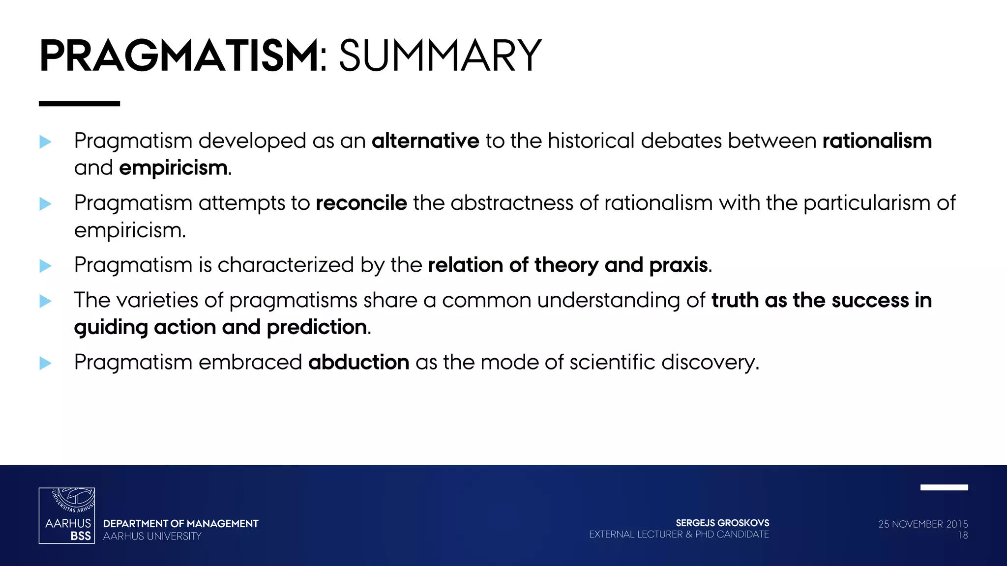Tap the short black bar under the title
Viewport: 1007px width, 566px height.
pyautogui.click(x=79, y=104)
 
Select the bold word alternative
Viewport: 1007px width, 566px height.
pyautogui.click(x=425, y=141)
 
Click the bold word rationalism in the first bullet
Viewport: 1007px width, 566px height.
pyautogui.click(x=877, y=141)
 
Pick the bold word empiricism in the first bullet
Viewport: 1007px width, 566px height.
pyautogui.click(x=173, y=169)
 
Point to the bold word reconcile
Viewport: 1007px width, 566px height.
pyautogui.click(x=361, y=203)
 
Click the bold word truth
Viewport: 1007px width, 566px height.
pyautogui.click(x=735, y=300)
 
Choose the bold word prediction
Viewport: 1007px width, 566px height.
pyautogui.click(x=317, y=327)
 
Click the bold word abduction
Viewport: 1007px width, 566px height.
pyautogui.click(x=359, y=363)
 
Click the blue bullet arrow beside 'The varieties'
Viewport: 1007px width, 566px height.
pyautogui.click(x=45, y=301)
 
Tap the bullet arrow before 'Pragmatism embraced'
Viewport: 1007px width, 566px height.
pyautogui.click(x=45, y=363)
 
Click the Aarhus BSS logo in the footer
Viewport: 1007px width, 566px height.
pyautogui.click(x=67, y=515)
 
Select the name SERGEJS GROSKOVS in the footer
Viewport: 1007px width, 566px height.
pyautogui.click(x=722, y=523)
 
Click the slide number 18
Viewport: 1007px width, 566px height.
pyautogui.click(x=962, y=536)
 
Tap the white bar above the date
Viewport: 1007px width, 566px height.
pyautogui.click(x=944, y=487)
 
